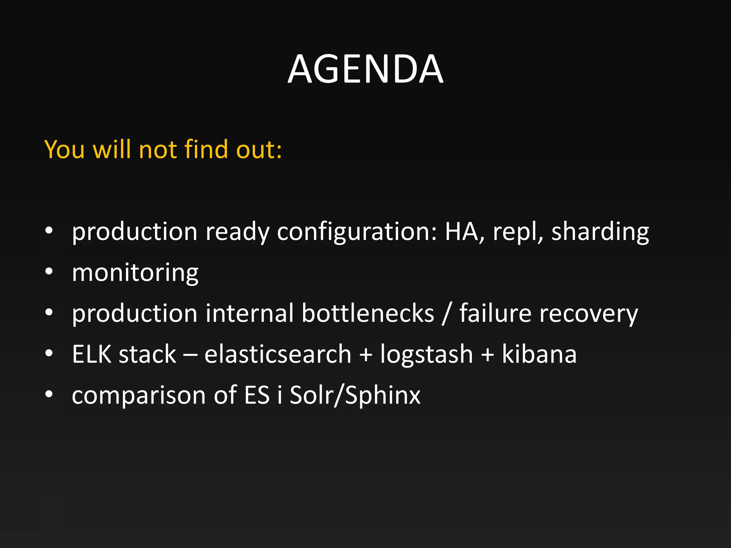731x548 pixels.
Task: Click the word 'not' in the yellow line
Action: [x=158, y=149]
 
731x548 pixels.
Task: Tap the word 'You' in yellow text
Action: [x=64, y=149]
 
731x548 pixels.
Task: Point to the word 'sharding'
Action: [x=600, y=232]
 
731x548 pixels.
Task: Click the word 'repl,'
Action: [x=518, y=232]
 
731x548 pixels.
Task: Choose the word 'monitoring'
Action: [x=135, y=273]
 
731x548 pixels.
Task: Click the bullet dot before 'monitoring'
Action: [x=49, y=272]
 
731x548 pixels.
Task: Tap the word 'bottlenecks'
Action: [x=368, y=313]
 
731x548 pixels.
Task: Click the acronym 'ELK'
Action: [x=92, y=354]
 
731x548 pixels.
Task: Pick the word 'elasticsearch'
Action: [x=278, y=354]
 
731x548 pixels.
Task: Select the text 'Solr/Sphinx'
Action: [x=355, y=395]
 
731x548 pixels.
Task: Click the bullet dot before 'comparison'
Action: [x=49, y=394]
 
